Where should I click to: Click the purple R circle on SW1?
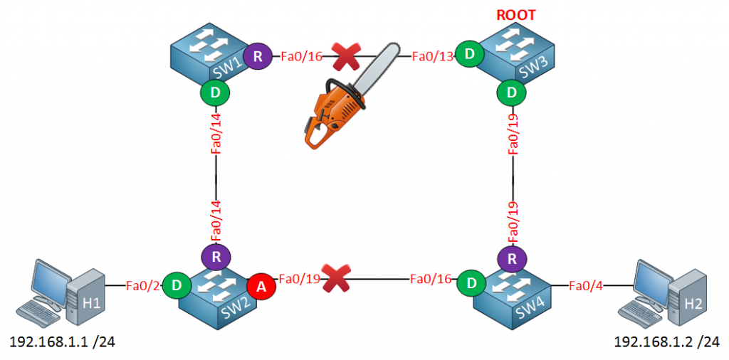pos(257,55)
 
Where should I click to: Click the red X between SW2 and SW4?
pos(335,277)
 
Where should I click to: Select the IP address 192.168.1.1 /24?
pos(62,343)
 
